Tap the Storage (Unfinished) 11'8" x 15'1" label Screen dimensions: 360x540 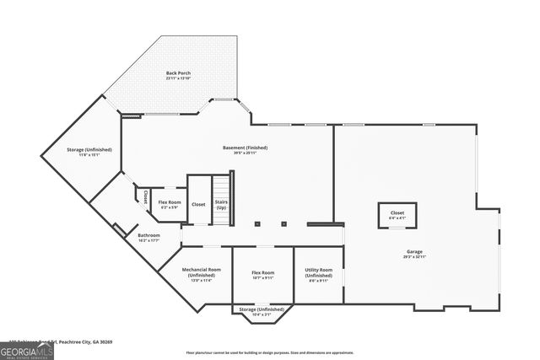[x=89, y=152]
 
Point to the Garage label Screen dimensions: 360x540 [x=413, y=253]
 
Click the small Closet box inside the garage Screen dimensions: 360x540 [x=397, y=215]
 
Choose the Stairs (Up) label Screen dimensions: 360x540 [x=221, y=205]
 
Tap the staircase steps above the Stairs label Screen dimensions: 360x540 [x=221, y=185]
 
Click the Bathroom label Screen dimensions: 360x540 [x=149, y=238]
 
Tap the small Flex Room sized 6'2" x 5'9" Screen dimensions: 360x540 [x=170, y=205]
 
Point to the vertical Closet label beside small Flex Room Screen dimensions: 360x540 [x=145, y=197]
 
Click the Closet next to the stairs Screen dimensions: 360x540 [x=198, y=204]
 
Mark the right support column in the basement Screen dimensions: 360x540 [x=284, y=224]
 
